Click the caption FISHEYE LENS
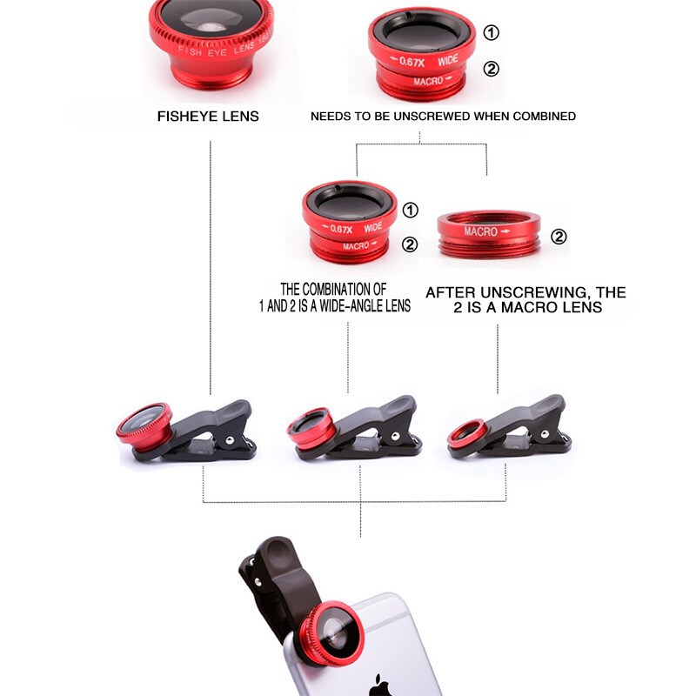(208, 116)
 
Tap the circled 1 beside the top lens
(492, 33)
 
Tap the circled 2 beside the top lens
(492, 69)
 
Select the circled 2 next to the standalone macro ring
(559, 236)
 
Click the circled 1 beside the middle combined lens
(410, 211)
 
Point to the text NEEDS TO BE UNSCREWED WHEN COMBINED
(443, 116)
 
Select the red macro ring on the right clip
(468, 432)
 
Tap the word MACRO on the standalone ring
(480, 232)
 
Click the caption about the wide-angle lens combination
(346, 296)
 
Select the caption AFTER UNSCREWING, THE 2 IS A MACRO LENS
(525, 300)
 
